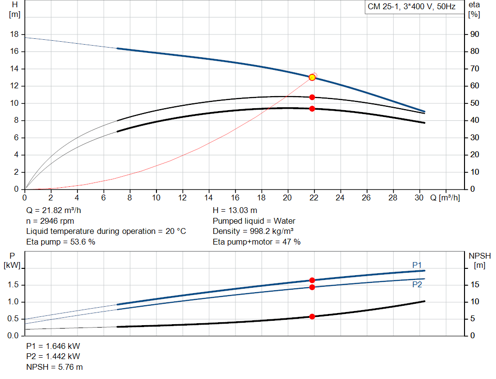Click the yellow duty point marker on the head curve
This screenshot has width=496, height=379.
pos(312,77)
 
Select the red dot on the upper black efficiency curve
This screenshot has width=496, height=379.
pos(312,97)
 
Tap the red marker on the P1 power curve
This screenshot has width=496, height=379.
pos(312,280)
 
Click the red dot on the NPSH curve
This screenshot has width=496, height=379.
pos(312,316)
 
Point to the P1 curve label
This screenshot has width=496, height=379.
pos(417,265)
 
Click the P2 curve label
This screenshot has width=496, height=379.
pos(417,284)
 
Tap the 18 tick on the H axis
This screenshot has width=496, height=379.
pos(15,34)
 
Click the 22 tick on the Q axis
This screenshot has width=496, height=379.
pos(314,198)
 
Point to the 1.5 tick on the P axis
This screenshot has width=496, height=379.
pos(13,285)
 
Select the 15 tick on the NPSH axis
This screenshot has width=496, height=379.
pos(475,285)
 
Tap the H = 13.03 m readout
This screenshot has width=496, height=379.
pos(235,211)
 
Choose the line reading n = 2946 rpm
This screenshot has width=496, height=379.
pos(51,221)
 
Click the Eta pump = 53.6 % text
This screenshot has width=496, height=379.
pos(61,242)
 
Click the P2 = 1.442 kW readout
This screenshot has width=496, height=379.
pos(53,357)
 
